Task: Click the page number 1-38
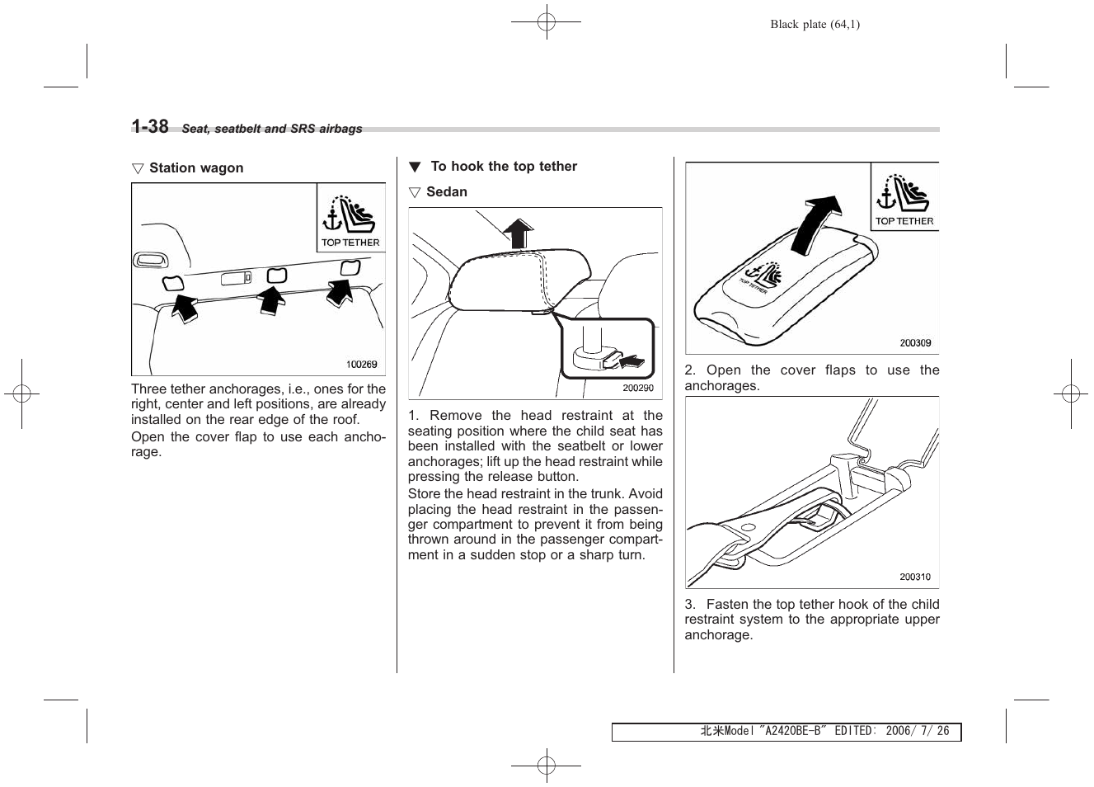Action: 150,126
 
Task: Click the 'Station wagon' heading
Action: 195,168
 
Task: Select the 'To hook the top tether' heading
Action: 503,167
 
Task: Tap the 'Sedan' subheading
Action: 446,192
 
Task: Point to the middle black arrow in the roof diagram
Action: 271,299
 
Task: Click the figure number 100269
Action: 361,364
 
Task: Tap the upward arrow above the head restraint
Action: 518,233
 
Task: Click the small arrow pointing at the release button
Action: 631,360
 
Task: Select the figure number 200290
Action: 637,388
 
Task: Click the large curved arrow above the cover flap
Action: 816,223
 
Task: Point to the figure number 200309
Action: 914,343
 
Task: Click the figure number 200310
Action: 914,577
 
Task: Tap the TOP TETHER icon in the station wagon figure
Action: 350,219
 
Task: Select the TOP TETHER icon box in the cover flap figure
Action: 904,198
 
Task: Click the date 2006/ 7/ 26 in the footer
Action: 917,732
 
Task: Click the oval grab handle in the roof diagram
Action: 151,261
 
